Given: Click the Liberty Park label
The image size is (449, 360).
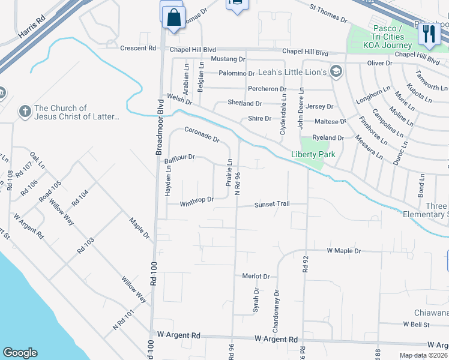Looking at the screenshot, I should click(x=313, y=154).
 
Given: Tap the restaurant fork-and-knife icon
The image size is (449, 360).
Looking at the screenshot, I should click(x=429, y=34).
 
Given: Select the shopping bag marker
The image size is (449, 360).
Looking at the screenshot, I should click(x=173, y=19).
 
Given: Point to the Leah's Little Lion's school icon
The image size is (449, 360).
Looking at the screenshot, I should click(x=336, y=72).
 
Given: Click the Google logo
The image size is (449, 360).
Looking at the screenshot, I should click(x=20, y=353).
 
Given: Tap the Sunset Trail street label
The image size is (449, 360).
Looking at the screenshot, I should click(x=272, y=204).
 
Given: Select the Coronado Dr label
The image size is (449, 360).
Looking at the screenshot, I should click(x=202, y=134).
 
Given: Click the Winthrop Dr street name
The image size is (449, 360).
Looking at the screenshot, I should click(x=197, y=200).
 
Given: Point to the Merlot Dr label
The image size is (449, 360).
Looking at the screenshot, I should click(x=256, y=276).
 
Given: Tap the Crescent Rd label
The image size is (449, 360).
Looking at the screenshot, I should click(x=137, y=48).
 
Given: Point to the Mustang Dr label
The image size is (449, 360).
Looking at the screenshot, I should click(x=228, y=59).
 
